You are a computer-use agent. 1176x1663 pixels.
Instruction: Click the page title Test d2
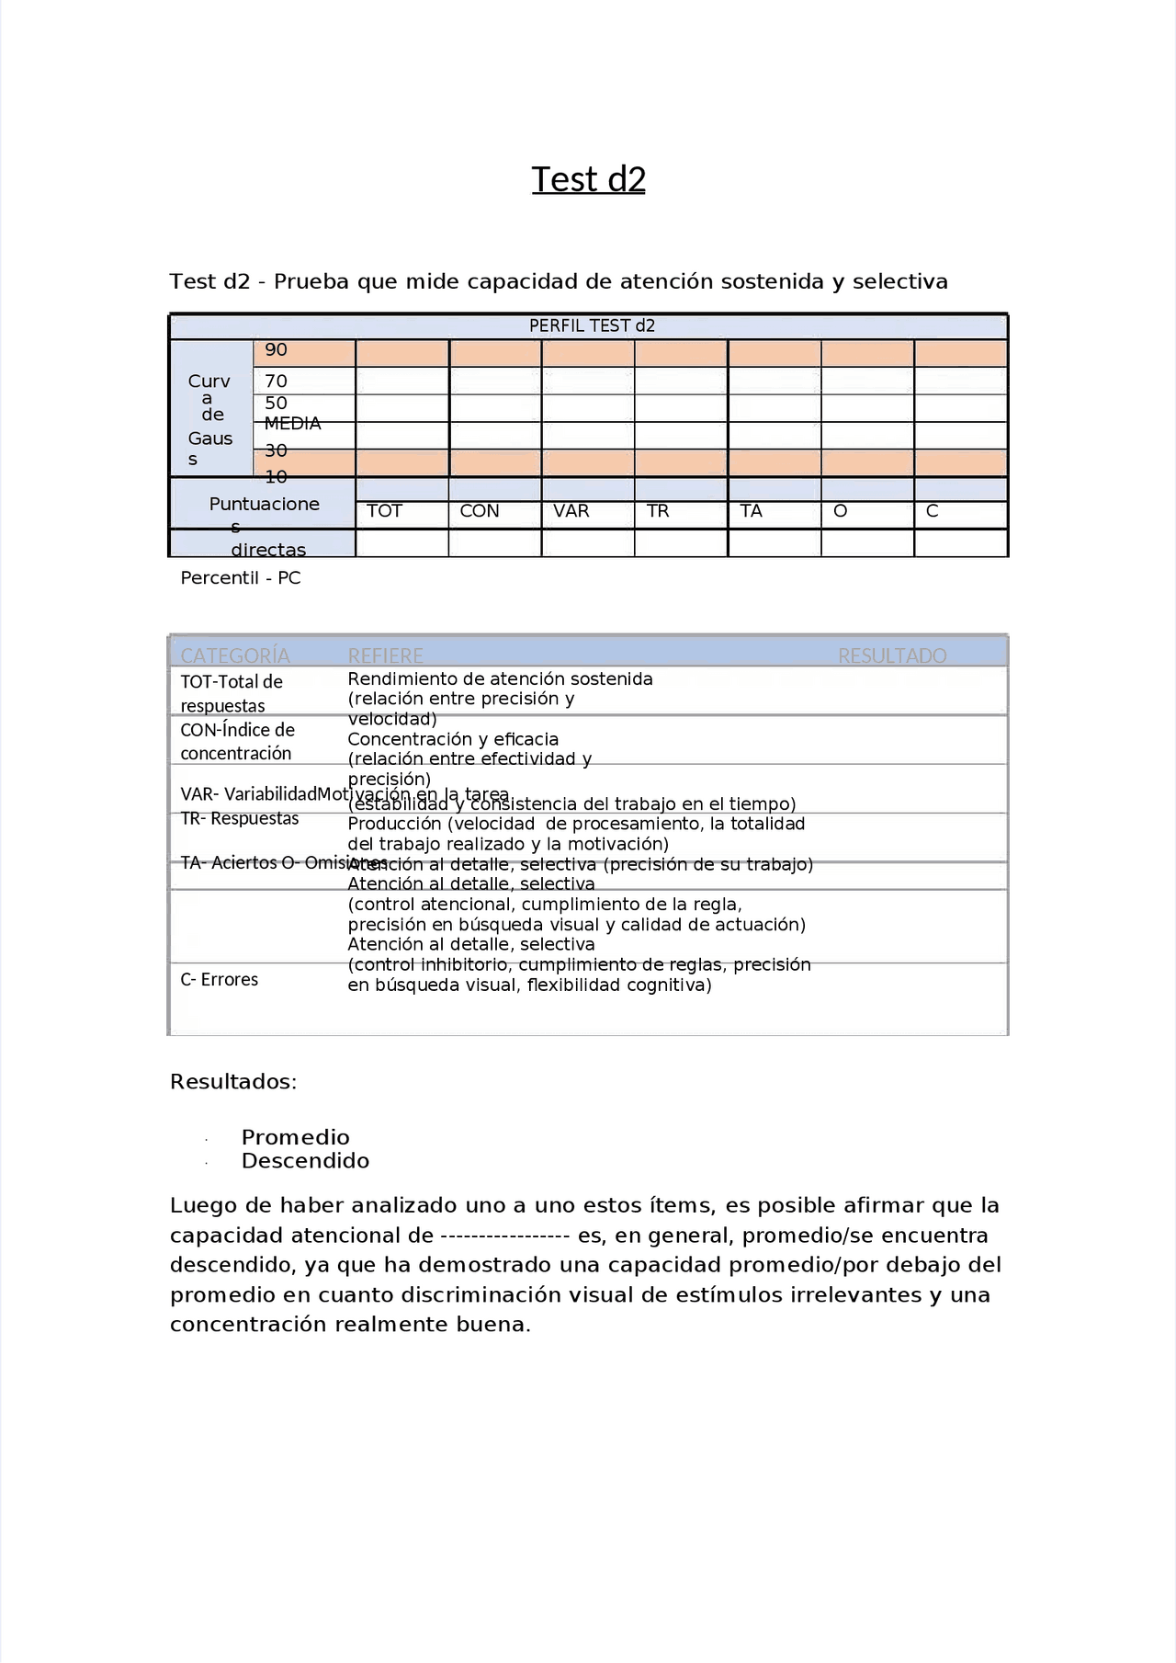pyautogui.click(x=588, y=179)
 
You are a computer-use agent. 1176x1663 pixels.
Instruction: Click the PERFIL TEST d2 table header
pyautogui.click(x=592, y=325)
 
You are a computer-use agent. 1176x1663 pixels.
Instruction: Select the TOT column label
pyautogui.click(x=384, y=511)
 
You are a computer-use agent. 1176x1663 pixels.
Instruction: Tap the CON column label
pyautogui.click(x=479, y=511)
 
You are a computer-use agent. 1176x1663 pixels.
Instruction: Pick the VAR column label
pyautogui.click(x=571, y=511)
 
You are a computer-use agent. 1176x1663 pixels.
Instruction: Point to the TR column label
pyautogui.click(x=657, y=511)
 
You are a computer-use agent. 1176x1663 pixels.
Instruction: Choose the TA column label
pyautogui.click(x=751, y=511)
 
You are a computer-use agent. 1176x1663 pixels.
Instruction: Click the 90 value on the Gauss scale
pyautogui.click(x=276, y=350)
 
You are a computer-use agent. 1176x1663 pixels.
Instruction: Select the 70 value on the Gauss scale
pyautogui.click(x=276, y=381)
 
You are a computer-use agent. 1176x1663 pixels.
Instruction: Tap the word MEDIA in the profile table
pyautogui.click(x=292, y=424)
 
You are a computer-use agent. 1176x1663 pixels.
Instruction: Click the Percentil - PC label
pyautogui.click(x=240, y=578)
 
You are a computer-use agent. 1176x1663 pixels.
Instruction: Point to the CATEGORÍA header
pyautogui.click(x=235, y=655)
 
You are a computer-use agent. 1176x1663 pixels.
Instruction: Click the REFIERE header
pyautogui.click(x=385, y=655)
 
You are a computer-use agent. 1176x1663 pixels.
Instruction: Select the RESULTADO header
pyautogui.click(x=891, y=655)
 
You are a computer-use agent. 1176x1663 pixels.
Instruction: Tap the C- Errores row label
pyautogui.click(x=219, y=980)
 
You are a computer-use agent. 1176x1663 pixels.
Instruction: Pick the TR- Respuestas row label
pyautogui.click(x=240, y=818)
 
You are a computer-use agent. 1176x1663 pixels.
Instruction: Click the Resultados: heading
pyautogui.click(x=233, y=1082)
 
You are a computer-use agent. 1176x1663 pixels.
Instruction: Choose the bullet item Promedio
pyautogui.click(x=295, y=1137)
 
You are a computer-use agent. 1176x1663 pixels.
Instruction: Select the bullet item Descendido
pyautogui.click(x=305, y=1161)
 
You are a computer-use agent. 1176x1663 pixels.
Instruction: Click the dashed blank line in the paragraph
pyautogui.click(x=505, y=1236)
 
